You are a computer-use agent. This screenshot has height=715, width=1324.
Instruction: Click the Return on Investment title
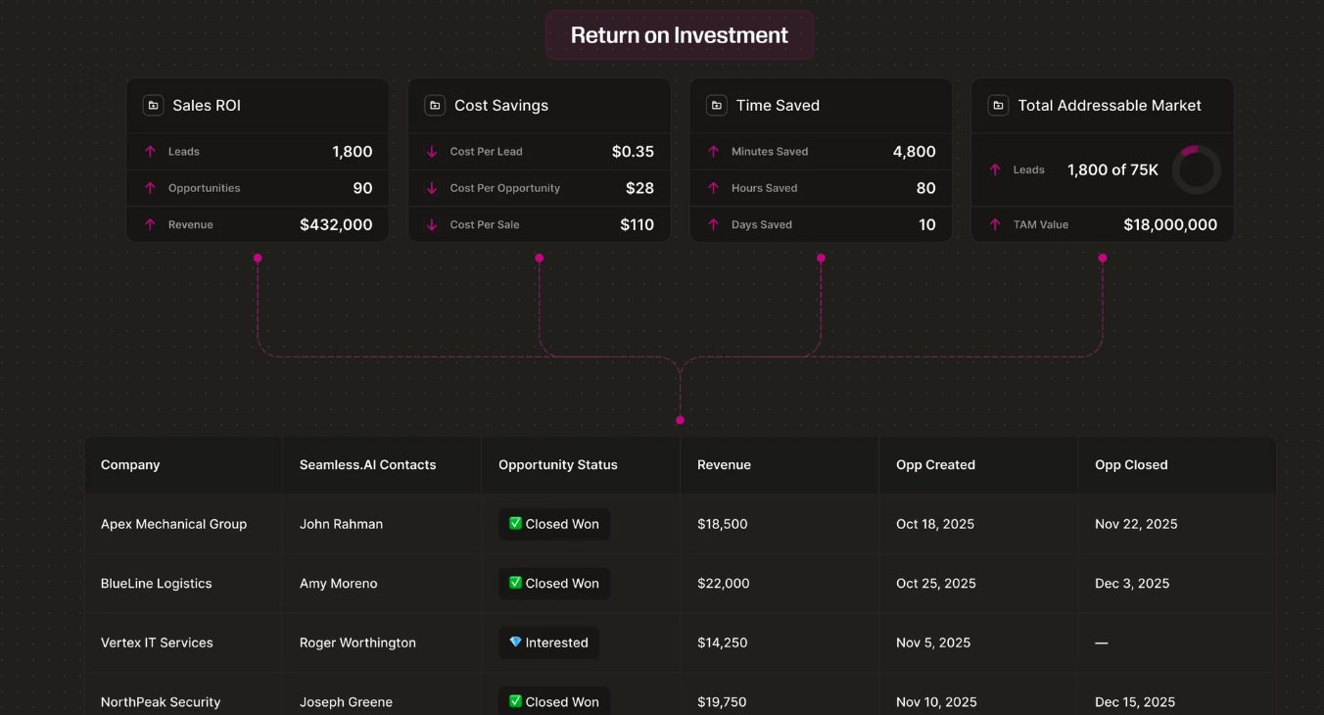tap(680, 35)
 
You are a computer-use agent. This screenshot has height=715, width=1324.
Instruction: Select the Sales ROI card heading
tap(207, 106)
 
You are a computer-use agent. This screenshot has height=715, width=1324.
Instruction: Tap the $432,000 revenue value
tap(336, 224)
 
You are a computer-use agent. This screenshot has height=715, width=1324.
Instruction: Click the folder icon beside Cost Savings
tap(435, 106)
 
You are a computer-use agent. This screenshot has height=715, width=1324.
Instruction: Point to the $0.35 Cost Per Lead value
tap(633, 152)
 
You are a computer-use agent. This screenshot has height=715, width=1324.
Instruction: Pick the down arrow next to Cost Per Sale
tap(432, 224)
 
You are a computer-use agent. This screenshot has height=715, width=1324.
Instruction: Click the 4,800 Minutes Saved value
tap(914, 152)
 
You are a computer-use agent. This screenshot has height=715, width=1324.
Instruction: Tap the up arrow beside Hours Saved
tap(714, 188)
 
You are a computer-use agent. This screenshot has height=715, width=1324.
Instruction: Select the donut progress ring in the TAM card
tap(1196, 169)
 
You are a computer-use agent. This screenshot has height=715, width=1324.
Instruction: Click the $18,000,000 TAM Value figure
tap(1170, 224)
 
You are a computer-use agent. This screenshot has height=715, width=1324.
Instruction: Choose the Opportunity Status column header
tap(558, 465)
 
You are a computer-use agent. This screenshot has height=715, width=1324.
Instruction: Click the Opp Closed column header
tap(1131, 465)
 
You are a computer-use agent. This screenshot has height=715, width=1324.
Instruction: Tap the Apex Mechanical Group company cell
tap(173, 524)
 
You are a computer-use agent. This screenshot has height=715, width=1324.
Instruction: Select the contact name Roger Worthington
tap(357, 643)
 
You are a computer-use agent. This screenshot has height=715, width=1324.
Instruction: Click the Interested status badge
tap(548, 643)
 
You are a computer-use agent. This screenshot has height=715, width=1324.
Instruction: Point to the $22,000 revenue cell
tap(724, 584)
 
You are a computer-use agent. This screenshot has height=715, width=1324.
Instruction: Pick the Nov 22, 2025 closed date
tap(1136, 524)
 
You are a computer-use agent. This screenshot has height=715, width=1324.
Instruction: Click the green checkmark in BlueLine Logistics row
tap(515, 583)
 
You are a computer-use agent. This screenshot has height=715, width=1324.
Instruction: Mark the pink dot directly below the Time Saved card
tap(821, 259)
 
